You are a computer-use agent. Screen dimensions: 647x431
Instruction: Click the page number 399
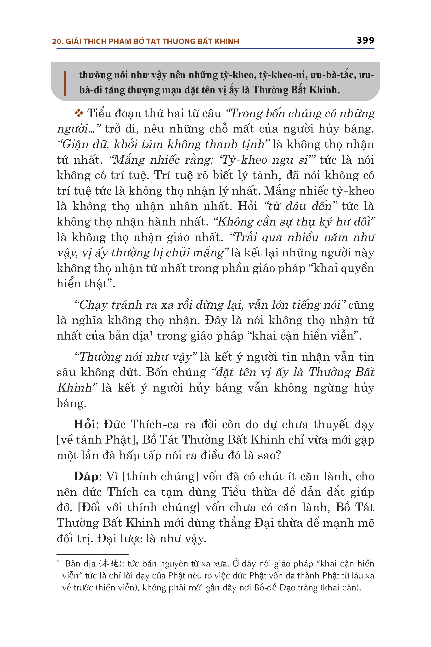pos(365,40)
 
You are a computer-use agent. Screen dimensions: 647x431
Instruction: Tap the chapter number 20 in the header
pos(56,41)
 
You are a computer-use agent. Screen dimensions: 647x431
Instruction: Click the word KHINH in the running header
pos(227,41)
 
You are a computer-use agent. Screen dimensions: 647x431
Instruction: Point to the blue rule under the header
pos(215,49)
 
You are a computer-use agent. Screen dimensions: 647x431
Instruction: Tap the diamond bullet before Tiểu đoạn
pos(79,113)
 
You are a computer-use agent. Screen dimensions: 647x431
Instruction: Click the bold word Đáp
pos(86,476)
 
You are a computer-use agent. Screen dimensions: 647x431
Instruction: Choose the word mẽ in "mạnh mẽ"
pos(366,523)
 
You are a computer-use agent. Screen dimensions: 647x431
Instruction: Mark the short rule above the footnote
pos(92,554)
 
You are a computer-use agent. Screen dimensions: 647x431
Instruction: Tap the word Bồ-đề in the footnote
pos(266,588)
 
